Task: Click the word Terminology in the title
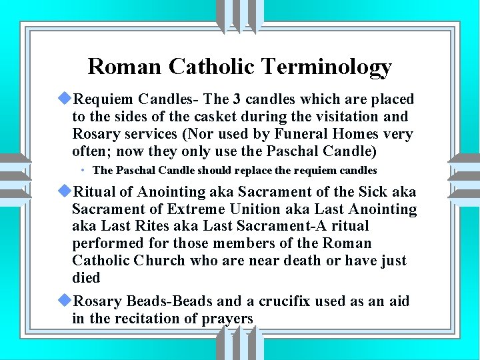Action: [327, 67]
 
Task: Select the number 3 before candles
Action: [237, 100]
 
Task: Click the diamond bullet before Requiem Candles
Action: [65, 99]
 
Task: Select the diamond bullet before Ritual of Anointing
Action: [65, 192]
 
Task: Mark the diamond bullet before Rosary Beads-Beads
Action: [65, 301]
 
